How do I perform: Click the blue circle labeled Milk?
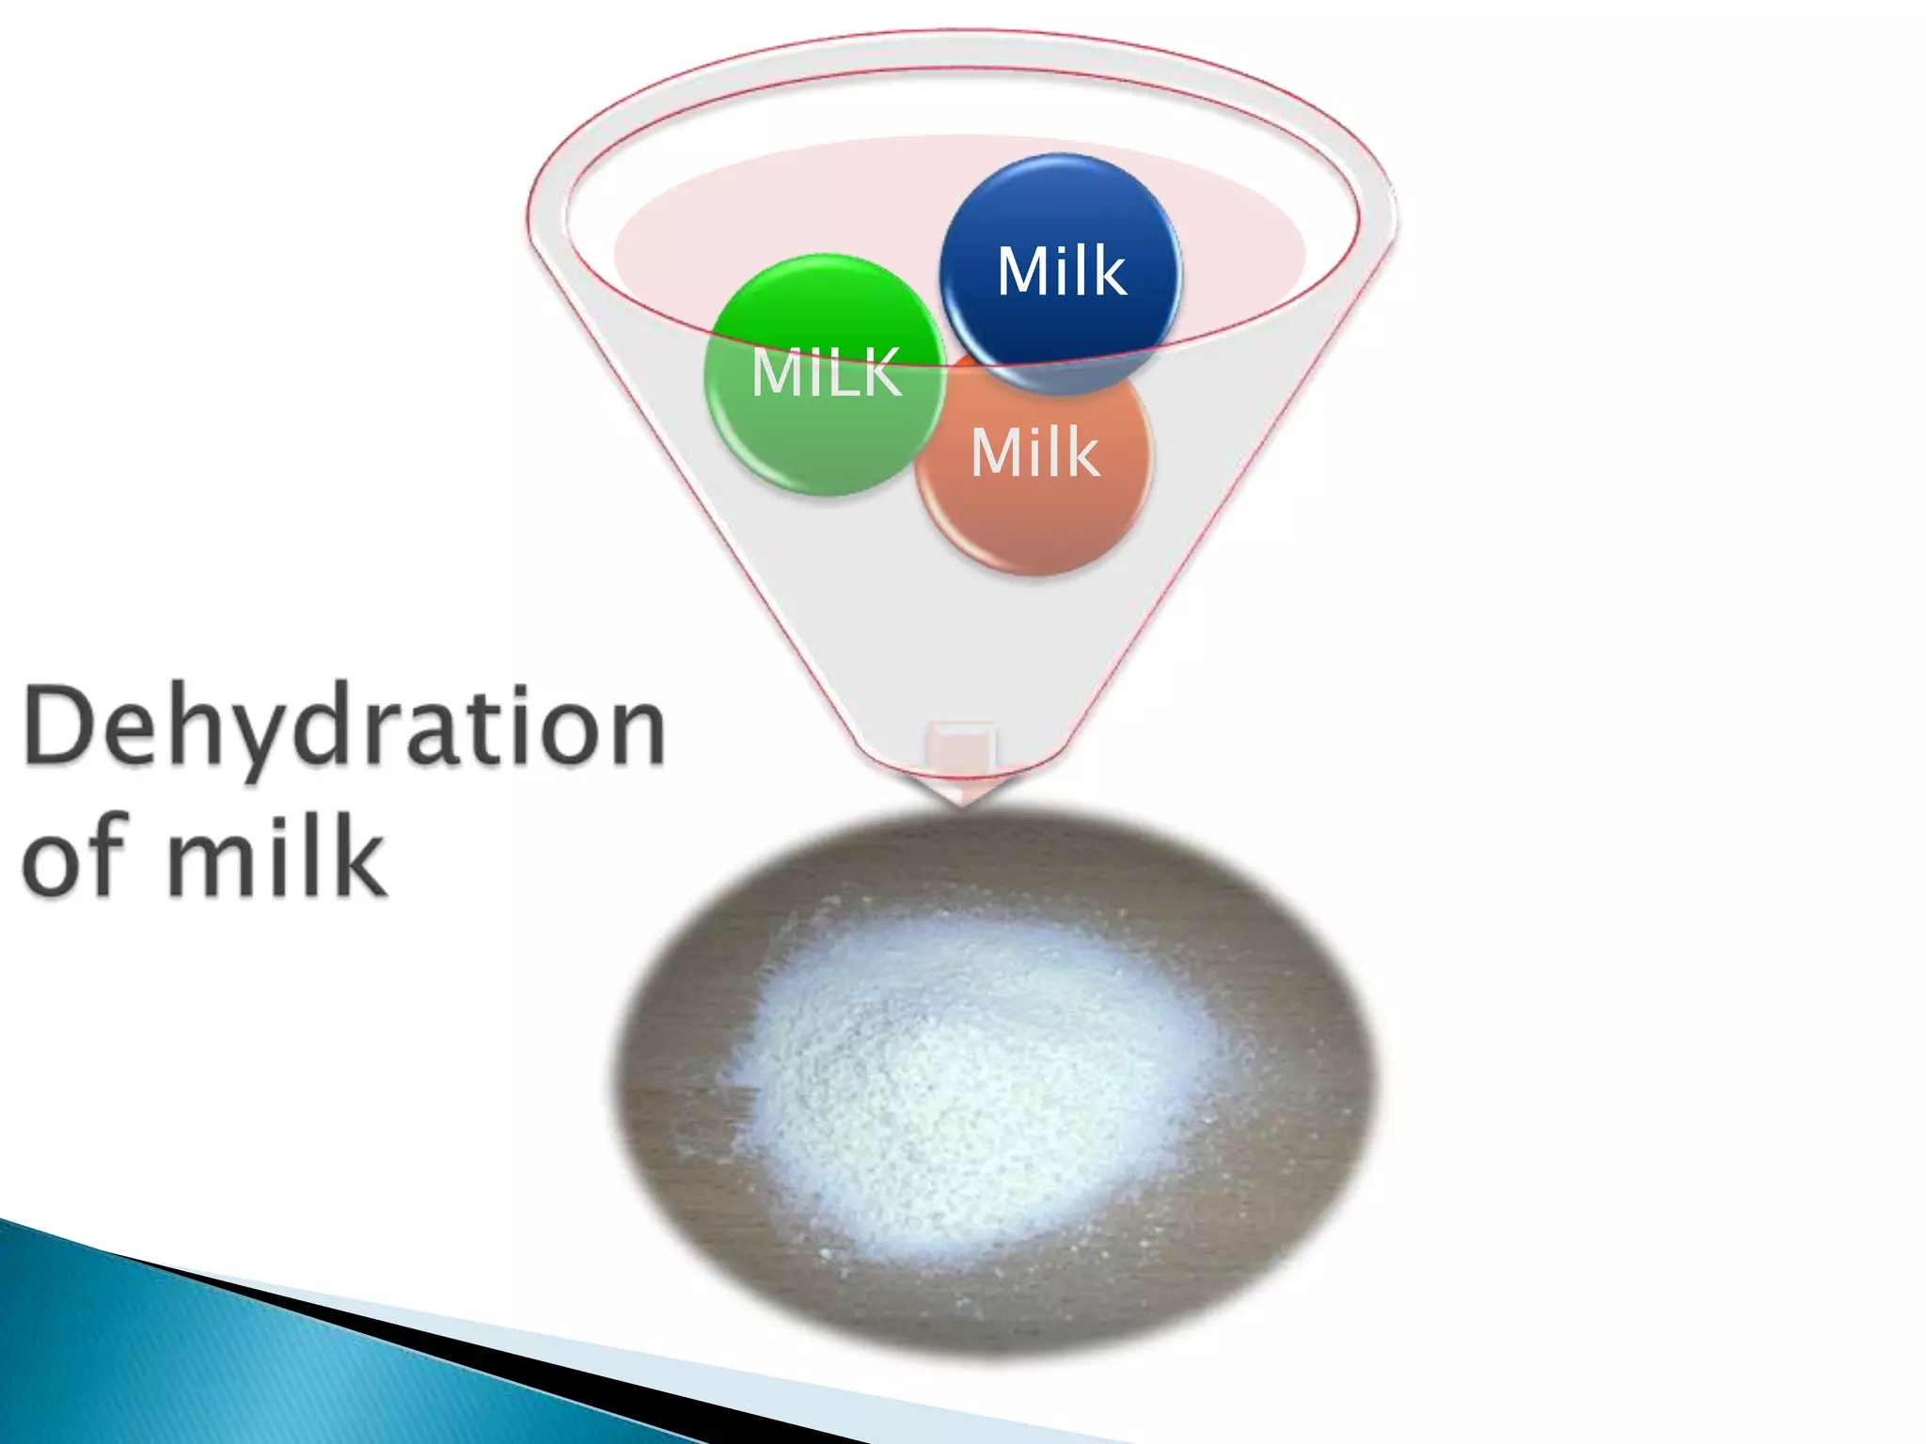[x=1060, y=273]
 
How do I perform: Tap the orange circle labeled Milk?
[x=1034, y=470]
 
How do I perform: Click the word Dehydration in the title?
[x=344, y=726]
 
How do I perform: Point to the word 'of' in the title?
[x=75, y=855]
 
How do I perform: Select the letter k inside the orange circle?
[x=1080, y=452]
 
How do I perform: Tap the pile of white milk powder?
[x=978, y=1081]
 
